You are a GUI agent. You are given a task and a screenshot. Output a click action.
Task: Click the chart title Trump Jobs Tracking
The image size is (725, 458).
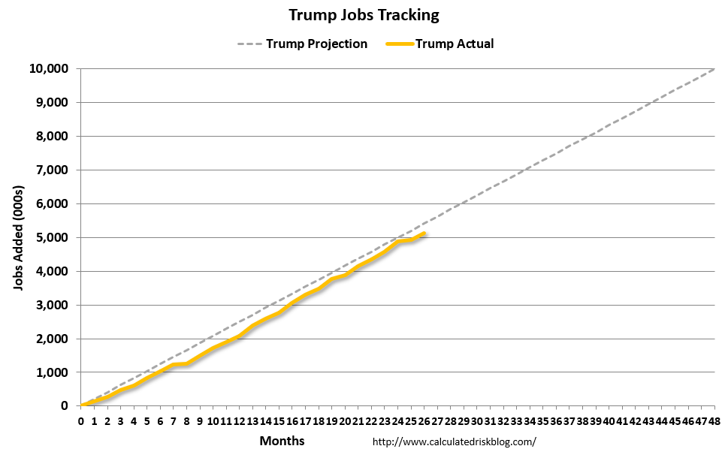(364, 15)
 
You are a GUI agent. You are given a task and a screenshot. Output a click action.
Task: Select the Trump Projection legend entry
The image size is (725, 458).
(316, 44)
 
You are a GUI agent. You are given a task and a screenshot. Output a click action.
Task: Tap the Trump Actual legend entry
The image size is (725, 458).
(455, 44)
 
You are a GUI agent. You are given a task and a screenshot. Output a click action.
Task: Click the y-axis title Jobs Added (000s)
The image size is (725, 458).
(18, 237)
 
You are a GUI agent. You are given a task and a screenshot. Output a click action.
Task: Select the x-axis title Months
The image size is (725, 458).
(282, 441)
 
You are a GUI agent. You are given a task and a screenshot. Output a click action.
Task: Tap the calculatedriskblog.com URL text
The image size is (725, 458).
(455, 441)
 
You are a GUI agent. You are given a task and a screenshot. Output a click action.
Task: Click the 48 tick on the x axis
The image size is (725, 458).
(714, 421)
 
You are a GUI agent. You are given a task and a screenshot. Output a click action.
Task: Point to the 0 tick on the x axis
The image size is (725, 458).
(81, 421)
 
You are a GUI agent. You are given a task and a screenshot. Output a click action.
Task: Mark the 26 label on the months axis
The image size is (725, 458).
(424, 421)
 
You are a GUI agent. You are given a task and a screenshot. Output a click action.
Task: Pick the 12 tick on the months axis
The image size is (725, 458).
(239, 421)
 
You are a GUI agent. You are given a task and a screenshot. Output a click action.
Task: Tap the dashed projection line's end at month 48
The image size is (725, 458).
(713, 68)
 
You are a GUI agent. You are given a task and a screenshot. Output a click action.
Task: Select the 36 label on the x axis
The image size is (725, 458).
(555, 421)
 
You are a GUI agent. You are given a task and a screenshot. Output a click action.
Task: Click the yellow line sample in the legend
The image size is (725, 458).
(399, 44)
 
